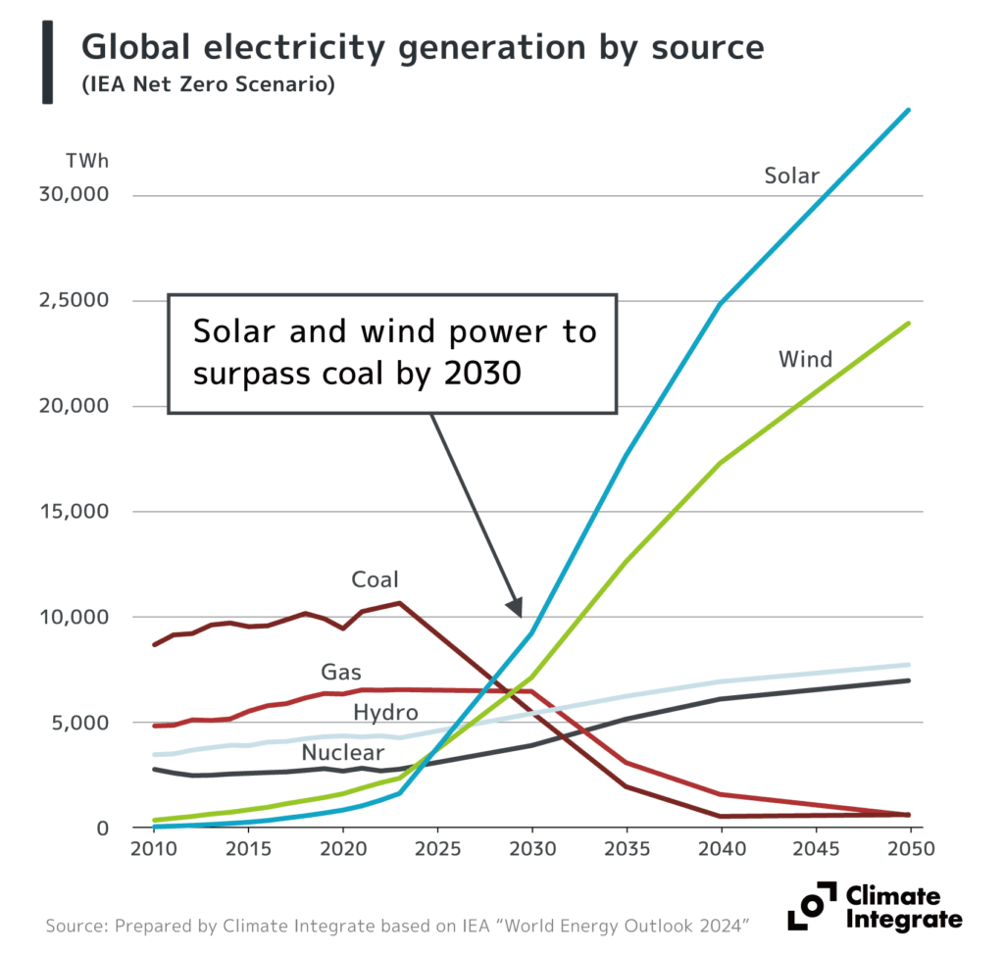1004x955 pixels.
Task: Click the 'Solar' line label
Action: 791,176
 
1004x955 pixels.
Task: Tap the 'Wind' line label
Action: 805,359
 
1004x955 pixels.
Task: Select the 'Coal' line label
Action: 375,580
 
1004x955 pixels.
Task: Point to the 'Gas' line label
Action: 341,673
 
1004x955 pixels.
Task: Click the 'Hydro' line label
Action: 385,713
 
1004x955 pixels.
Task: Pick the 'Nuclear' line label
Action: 342,753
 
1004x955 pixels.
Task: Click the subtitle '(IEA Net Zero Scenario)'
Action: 208,86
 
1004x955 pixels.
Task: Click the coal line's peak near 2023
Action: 399,603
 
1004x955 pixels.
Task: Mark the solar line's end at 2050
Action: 910,110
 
